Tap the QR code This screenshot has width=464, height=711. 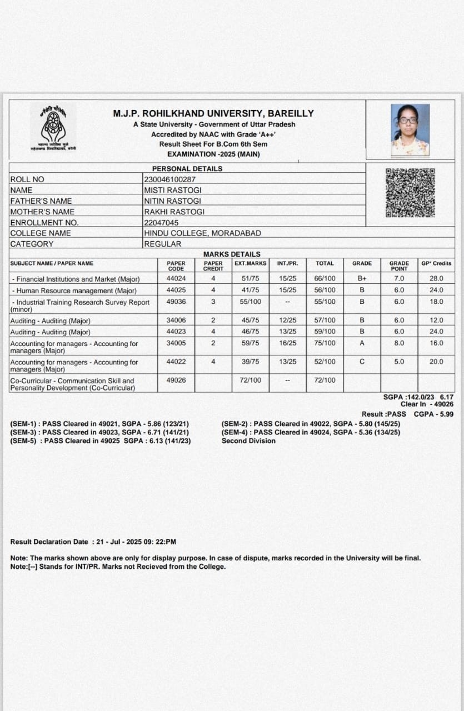click(410, 193)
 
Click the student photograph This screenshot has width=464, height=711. click(410, 130)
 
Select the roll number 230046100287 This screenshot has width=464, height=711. click(169, 179)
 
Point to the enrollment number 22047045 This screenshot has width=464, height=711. click(161, 222)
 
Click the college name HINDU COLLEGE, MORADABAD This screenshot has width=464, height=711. click(202, 233)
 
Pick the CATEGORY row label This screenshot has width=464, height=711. click(32, 244)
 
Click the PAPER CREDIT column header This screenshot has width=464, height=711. click(213, 266)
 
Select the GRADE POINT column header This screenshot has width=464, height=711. click(399, 266)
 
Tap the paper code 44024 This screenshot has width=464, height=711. click(176, 278)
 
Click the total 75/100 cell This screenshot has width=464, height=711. click(325, 343)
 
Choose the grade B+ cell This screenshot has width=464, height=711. click(362, 278)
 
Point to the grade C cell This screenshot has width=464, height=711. click(362, 362)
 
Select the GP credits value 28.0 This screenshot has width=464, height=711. click(436, 278)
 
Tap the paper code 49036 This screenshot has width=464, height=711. click(176, 302)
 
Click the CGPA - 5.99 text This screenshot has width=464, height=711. click(433, 414)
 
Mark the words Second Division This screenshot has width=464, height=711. click(248, 441)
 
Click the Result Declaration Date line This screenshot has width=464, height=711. click(93, 542)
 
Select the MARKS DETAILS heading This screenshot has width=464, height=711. click(232, 254)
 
